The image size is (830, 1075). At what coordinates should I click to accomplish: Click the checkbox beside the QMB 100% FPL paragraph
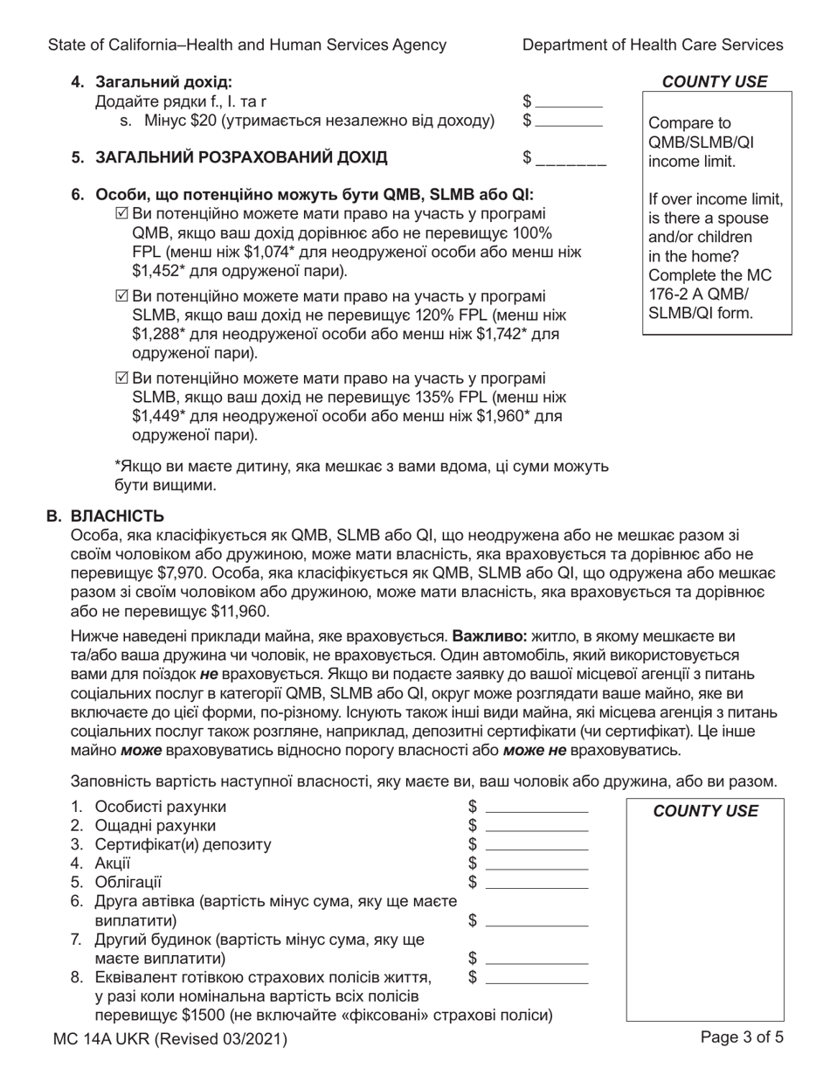[121, 214]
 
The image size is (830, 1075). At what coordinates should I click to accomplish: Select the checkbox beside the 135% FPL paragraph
[121, 378]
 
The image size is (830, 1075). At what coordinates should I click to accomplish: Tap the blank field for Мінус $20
[568, 120]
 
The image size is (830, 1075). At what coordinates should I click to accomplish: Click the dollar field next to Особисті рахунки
[536, 807]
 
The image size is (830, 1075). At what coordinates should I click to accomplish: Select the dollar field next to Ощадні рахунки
[536, 826]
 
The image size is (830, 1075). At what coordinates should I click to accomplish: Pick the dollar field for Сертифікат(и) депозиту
[536, 844]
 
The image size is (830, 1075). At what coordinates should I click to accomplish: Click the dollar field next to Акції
[536, 863]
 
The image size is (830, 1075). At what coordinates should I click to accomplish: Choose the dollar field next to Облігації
[536, 883]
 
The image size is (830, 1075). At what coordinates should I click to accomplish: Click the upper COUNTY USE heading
[715, 82]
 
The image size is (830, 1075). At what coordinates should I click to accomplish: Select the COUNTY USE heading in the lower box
[706, 811]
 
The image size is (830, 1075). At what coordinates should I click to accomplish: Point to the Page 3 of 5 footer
[742, 1038]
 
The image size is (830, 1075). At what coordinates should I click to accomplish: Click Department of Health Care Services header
[653, 45]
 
